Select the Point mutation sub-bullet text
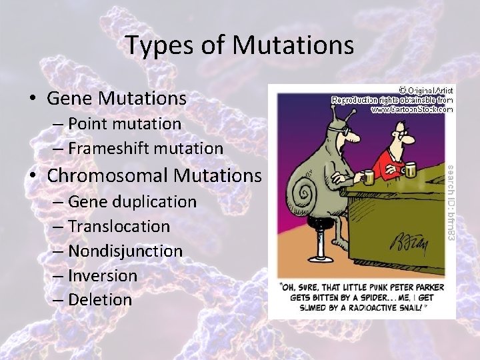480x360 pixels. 124,124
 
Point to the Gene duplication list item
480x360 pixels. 132,201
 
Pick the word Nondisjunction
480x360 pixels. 125,251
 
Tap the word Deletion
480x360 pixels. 100,300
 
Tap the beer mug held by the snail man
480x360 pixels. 367,177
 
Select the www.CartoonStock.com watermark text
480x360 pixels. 411,108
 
